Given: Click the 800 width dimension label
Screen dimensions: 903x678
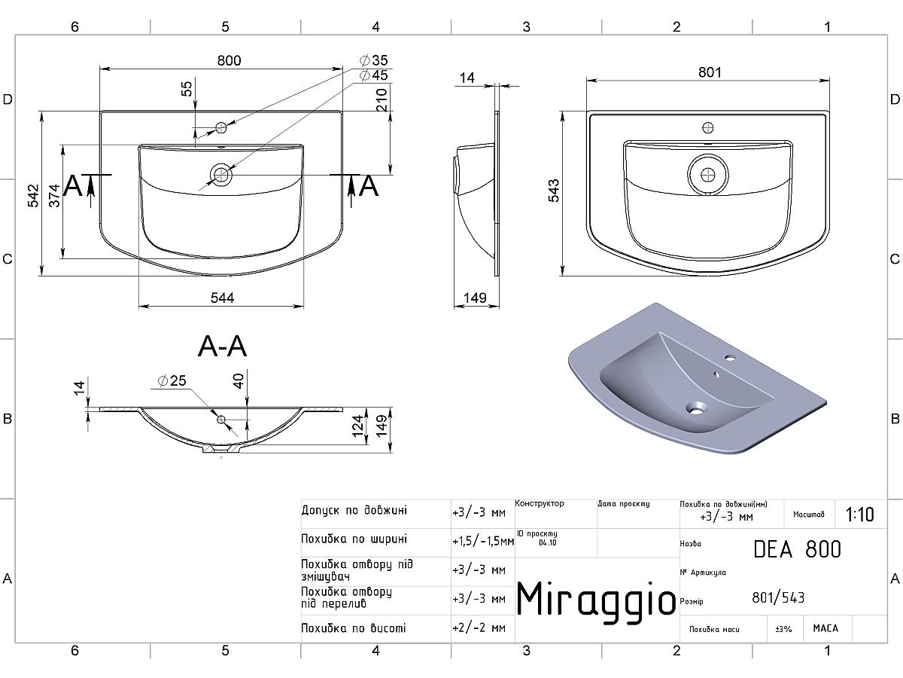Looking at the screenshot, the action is (x=230, y=60).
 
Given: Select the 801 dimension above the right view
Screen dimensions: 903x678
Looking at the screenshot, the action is (x=710, y=72).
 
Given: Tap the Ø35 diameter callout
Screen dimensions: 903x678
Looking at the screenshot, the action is (x=373, y=60).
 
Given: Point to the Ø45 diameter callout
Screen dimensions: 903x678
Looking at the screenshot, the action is (x=373, y=75).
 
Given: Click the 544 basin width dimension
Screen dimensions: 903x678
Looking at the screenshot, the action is (x=222, y=298).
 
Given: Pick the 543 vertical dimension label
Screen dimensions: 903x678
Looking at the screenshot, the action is (x=554, y=191).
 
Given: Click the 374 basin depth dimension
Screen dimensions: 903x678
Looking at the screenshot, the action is (x=54, y=196).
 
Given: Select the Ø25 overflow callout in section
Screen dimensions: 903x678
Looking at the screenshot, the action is (x=172, y=380).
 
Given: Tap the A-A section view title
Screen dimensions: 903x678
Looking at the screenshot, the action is (x=222, y=347).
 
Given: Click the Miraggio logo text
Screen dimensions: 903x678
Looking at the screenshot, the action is (x=596, y=600).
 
